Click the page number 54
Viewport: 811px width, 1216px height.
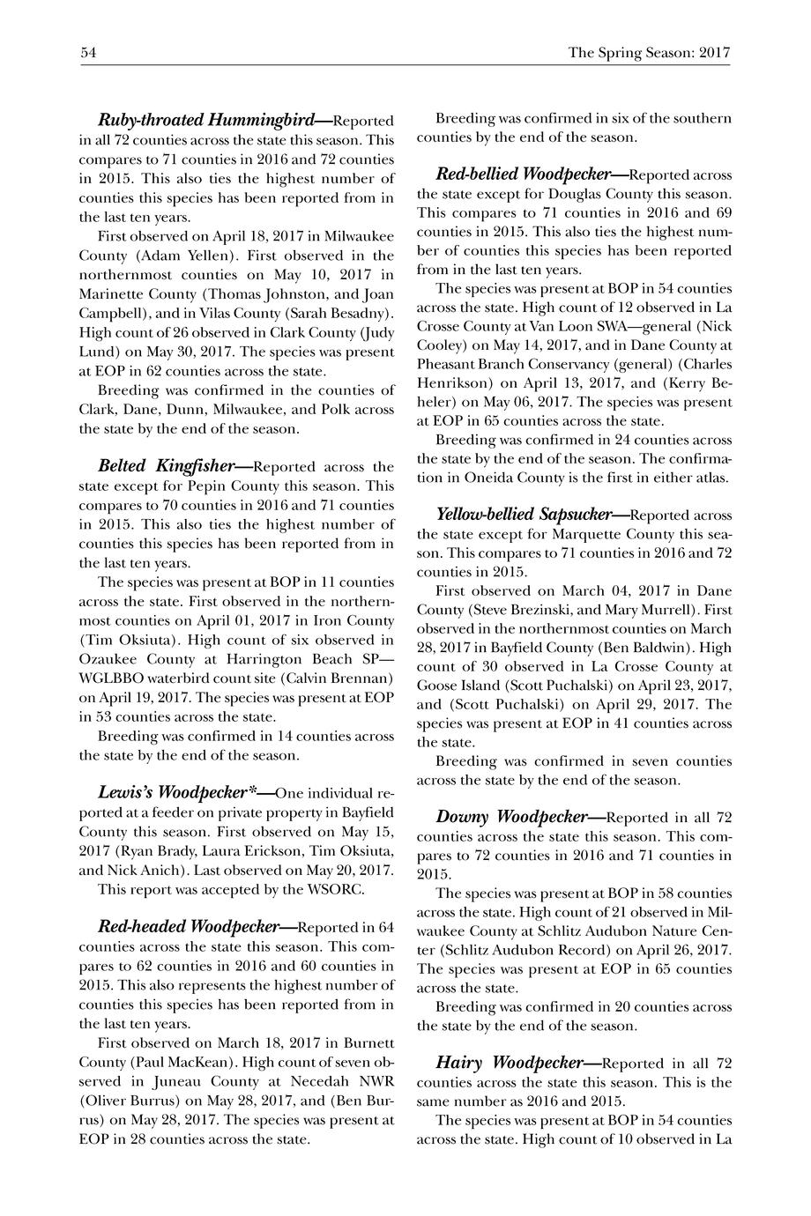coord(88,53)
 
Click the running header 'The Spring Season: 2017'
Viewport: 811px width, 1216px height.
coord(649,53)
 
